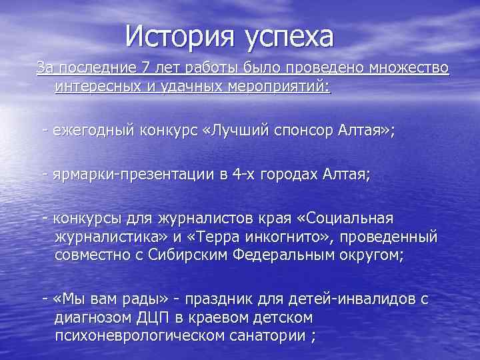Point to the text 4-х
coord(245,175)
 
